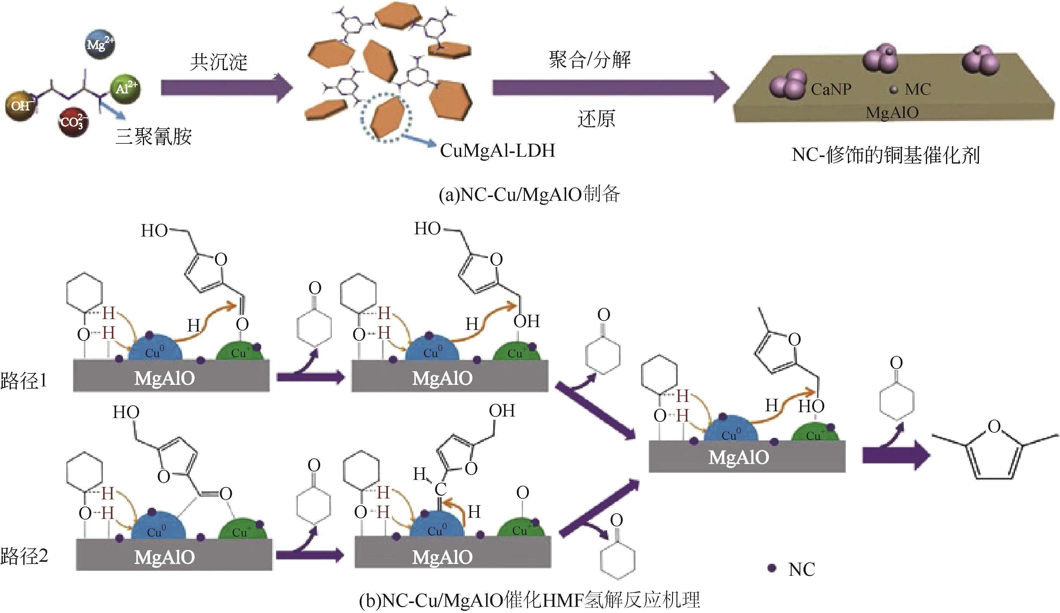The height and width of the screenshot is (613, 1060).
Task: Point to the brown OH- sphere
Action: [x=20, y=106]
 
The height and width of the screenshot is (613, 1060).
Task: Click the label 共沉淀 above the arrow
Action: [x=218, y=62]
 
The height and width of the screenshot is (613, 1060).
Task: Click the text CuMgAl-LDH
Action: [x=497, y=151]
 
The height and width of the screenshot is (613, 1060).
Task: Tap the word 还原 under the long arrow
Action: [x=596, y=119]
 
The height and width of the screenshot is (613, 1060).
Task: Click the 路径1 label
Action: [x=24, y=381]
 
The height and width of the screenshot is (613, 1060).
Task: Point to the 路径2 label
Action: [x=24, y=556]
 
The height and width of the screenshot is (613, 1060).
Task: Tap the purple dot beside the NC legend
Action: [x=771, y=568]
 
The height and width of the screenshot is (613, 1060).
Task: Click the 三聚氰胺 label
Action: [x=153, y=137]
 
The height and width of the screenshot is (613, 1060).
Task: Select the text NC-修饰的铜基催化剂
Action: [x=885, y=155]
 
